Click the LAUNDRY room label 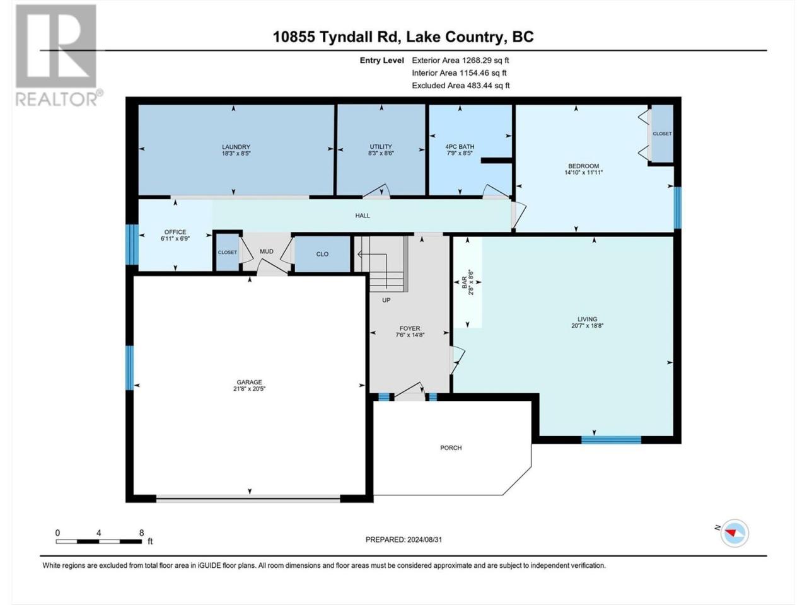236,147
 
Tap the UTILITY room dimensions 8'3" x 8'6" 381,153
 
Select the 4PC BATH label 460,147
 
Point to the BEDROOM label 583,166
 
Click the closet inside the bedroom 662,134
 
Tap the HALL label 363,216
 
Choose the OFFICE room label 175,232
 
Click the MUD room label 267,251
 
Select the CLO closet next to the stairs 322,254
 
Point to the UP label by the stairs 386,300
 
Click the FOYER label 410,328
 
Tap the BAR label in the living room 465,282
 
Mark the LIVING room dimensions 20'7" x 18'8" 587,325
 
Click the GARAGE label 249,382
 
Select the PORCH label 451,448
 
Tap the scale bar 98,541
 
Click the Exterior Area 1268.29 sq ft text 460,60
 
